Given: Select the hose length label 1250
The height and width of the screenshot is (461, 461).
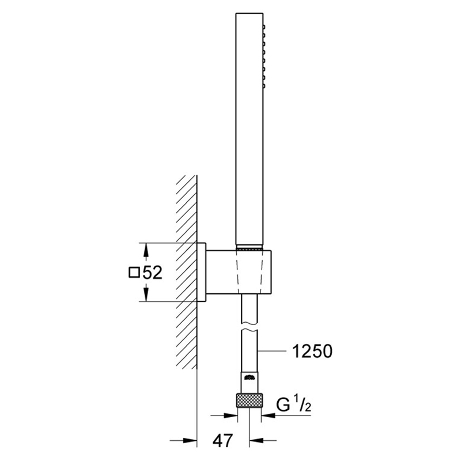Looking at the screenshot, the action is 312,352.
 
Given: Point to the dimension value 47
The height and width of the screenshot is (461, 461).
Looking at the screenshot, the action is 222,440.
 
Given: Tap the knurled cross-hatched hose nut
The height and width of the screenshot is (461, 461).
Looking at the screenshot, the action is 249,400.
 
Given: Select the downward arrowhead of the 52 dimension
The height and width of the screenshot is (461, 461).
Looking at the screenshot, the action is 146,293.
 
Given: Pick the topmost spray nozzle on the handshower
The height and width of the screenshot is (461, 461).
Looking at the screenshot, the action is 264,27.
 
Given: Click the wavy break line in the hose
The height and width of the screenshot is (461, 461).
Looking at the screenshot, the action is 249,327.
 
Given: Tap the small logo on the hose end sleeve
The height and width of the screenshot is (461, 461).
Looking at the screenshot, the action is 249,377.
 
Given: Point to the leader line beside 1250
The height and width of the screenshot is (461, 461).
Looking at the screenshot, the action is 272,351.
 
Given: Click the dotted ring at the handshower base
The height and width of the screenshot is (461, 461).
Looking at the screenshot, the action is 249,249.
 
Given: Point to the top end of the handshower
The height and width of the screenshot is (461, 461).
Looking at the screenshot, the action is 249,13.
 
